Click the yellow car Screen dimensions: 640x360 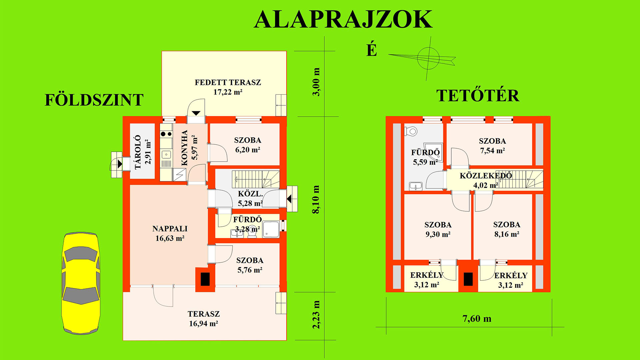pos(81,283)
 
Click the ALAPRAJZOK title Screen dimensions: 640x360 pos(343,20)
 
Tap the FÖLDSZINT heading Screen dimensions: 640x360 pos(94,100)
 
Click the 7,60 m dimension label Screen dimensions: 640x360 pos(477,319)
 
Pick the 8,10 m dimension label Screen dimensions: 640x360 pos(316,199)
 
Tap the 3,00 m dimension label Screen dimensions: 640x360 pos(316,82)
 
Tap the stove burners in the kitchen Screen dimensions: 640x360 pos(166,134)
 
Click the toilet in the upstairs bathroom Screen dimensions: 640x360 pos(411,131)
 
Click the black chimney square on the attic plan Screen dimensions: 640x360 pos(468,279)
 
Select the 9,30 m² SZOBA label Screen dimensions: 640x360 pos(438,229)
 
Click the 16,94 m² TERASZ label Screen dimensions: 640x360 pos(204,319)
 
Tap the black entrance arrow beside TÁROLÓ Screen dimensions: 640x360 pos(120,164)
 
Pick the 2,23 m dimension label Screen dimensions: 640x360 pos(316,315)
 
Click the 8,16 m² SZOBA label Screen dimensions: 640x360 pos(507,229)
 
